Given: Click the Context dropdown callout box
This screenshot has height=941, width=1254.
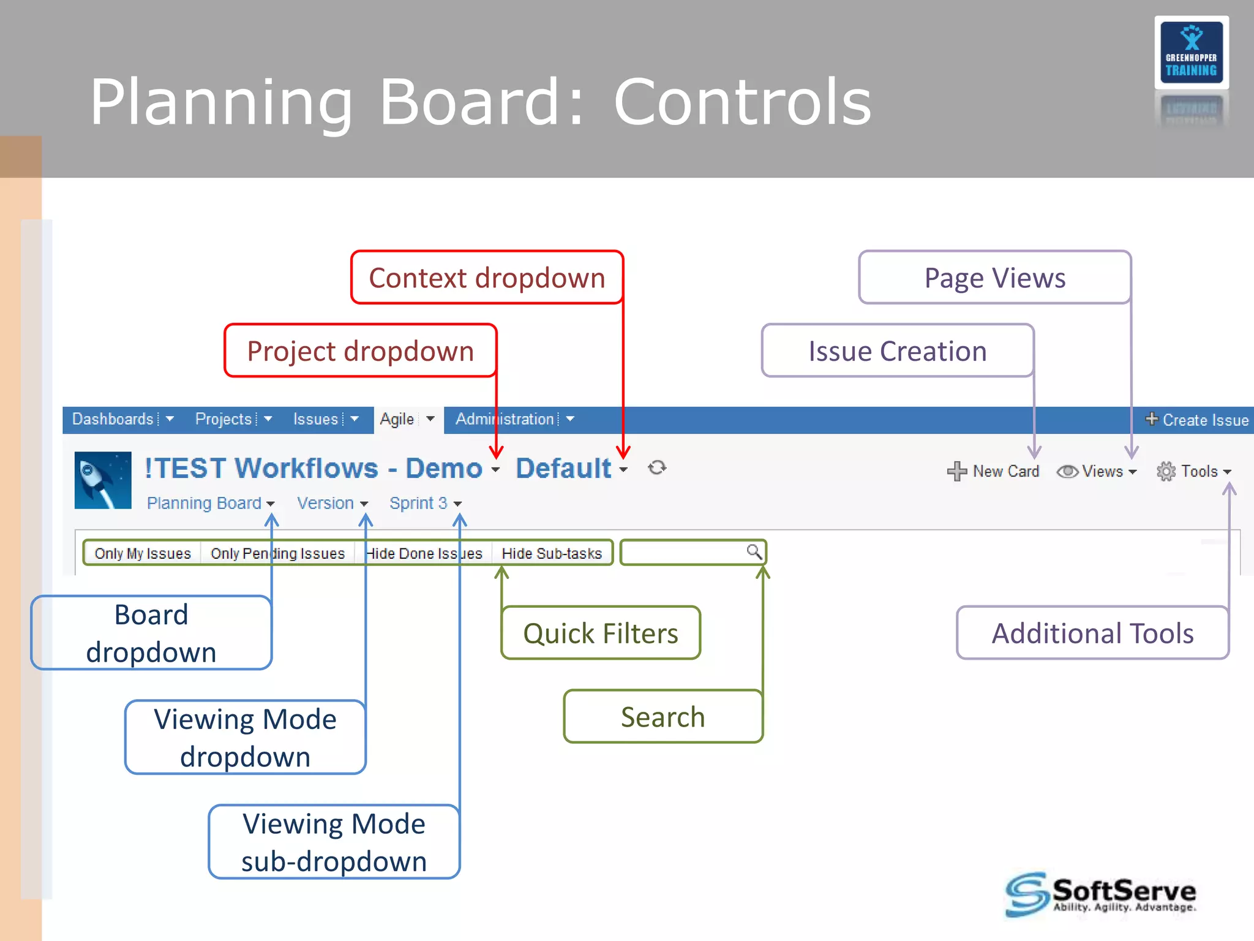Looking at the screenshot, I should pyautogui.click(x=487, y=278).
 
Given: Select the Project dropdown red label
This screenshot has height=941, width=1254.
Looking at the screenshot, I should pyautogui.click(x=360, y=351).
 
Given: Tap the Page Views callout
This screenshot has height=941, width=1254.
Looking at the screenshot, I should pyautogui.click(x=994, y=278).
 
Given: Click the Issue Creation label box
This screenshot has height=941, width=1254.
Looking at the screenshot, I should pyautogui.click(x=898, y=351).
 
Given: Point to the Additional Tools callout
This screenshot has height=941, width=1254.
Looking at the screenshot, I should pyautogui.click(x=1092, y=633).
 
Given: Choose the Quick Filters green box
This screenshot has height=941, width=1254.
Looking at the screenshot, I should pyautogui.click(x=600, y=633).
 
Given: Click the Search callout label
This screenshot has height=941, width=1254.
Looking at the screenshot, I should pyautogui.click(x=663, y=717).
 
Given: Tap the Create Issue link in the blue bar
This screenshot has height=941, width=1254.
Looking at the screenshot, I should pyautogui.click(x=1197, y=420).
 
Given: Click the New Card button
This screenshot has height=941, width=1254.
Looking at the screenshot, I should pyautogui.click(x=993, y=471).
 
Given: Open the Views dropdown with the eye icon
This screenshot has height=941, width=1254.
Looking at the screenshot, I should pyautogui.click(x=1097, y=471).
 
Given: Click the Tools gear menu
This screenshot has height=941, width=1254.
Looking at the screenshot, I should pyautogui.click(x=1193, y=471).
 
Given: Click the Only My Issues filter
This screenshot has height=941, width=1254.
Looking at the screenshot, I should pyautogui.click(x=143, y=553).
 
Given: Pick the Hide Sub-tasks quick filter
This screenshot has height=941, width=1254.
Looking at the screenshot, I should pyautogui.click(x=551, y=553).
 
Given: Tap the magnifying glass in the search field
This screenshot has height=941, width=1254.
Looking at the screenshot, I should pyautogui.click(x=754, y=552).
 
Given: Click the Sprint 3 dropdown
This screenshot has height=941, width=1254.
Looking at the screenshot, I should pyautogui.click(x=425, y=503).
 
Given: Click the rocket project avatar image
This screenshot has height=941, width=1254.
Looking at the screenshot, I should pyautogui.click(x=103, y=480).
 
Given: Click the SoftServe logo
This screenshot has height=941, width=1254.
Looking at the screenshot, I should pyautogui.click(x=1100, y=894).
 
